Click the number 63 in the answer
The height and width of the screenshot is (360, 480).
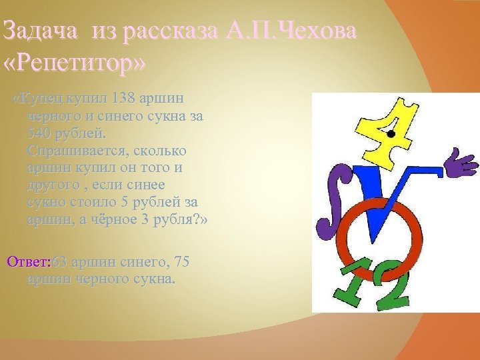(x=60, y=261)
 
